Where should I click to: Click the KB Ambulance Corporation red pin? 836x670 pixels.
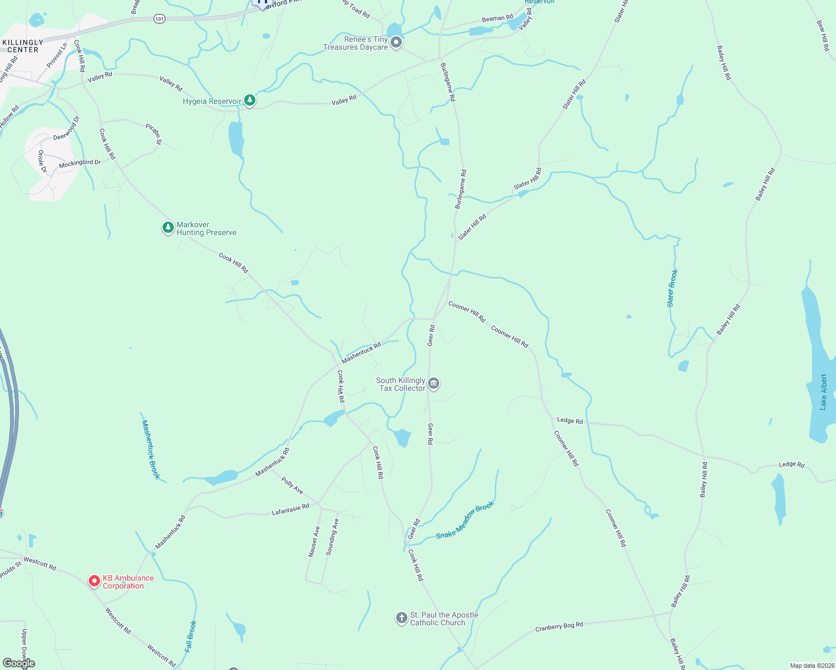coord(94,581)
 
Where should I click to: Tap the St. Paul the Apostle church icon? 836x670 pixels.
coord(401,618)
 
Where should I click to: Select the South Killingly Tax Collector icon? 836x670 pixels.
coord(434,384)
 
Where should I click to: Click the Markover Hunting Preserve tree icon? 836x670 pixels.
coord(168,227)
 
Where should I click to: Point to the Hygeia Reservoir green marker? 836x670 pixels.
coord(250,100)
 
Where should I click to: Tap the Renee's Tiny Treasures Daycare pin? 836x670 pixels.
coord(396,42)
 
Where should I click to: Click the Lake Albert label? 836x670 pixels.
coord(823,393)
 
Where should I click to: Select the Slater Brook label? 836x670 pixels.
coord(672,288)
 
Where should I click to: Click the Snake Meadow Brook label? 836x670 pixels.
coord(465,520)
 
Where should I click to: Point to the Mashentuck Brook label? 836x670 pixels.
coord(151,449)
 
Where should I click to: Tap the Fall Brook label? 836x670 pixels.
coord(191,636)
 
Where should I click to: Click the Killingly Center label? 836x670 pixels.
coord(23,46)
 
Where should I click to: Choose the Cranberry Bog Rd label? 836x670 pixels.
coord(559,626)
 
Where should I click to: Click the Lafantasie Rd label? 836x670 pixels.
coord(290,510)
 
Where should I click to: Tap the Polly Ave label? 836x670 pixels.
coord(292,486)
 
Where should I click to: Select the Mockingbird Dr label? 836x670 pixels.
coord(80,164)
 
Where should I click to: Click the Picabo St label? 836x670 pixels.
coord(154,135)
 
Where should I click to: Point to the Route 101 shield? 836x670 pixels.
coord(160,19)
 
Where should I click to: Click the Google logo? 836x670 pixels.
coord(19,663)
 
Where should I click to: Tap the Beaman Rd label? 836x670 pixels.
coord(497,18)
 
